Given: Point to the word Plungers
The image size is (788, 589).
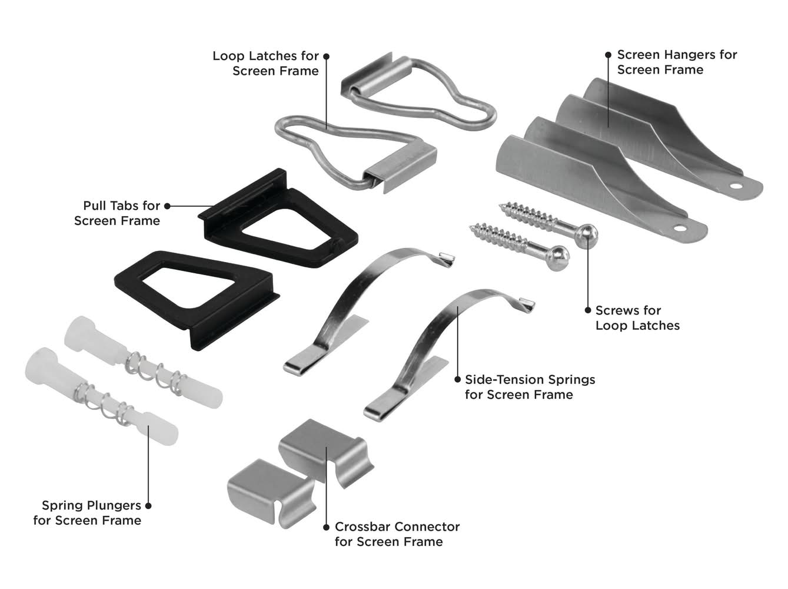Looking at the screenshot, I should click(x=114, y=505).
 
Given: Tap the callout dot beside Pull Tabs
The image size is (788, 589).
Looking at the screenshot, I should click(x=167, y=206).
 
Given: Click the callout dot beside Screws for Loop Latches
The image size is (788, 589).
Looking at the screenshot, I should click(x=587, y=310).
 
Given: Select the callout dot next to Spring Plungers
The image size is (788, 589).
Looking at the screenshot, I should click(x=148, y=505).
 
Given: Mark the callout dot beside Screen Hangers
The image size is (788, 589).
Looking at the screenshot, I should click(x=609, y=55).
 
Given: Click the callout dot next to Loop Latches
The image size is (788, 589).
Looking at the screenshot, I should click(x=327, y=56).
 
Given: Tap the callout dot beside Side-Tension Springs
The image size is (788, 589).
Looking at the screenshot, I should click(x=458, y=380).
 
